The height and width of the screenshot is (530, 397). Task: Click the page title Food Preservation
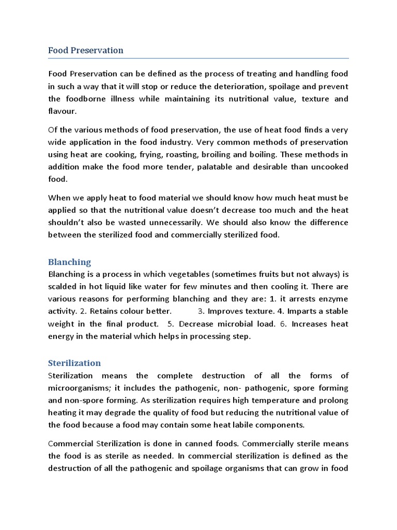[x=86, y=50]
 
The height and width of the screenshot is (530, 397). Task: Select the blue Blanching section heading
[x=69, y=262]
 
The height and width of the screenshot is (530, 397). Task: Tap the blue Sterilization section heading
[x=74, y=363]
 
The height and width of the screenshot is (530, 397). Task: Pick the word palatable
[x=230, y=167]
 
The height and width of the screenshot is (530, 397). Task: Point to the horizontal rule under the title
[x=198, y=58]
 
